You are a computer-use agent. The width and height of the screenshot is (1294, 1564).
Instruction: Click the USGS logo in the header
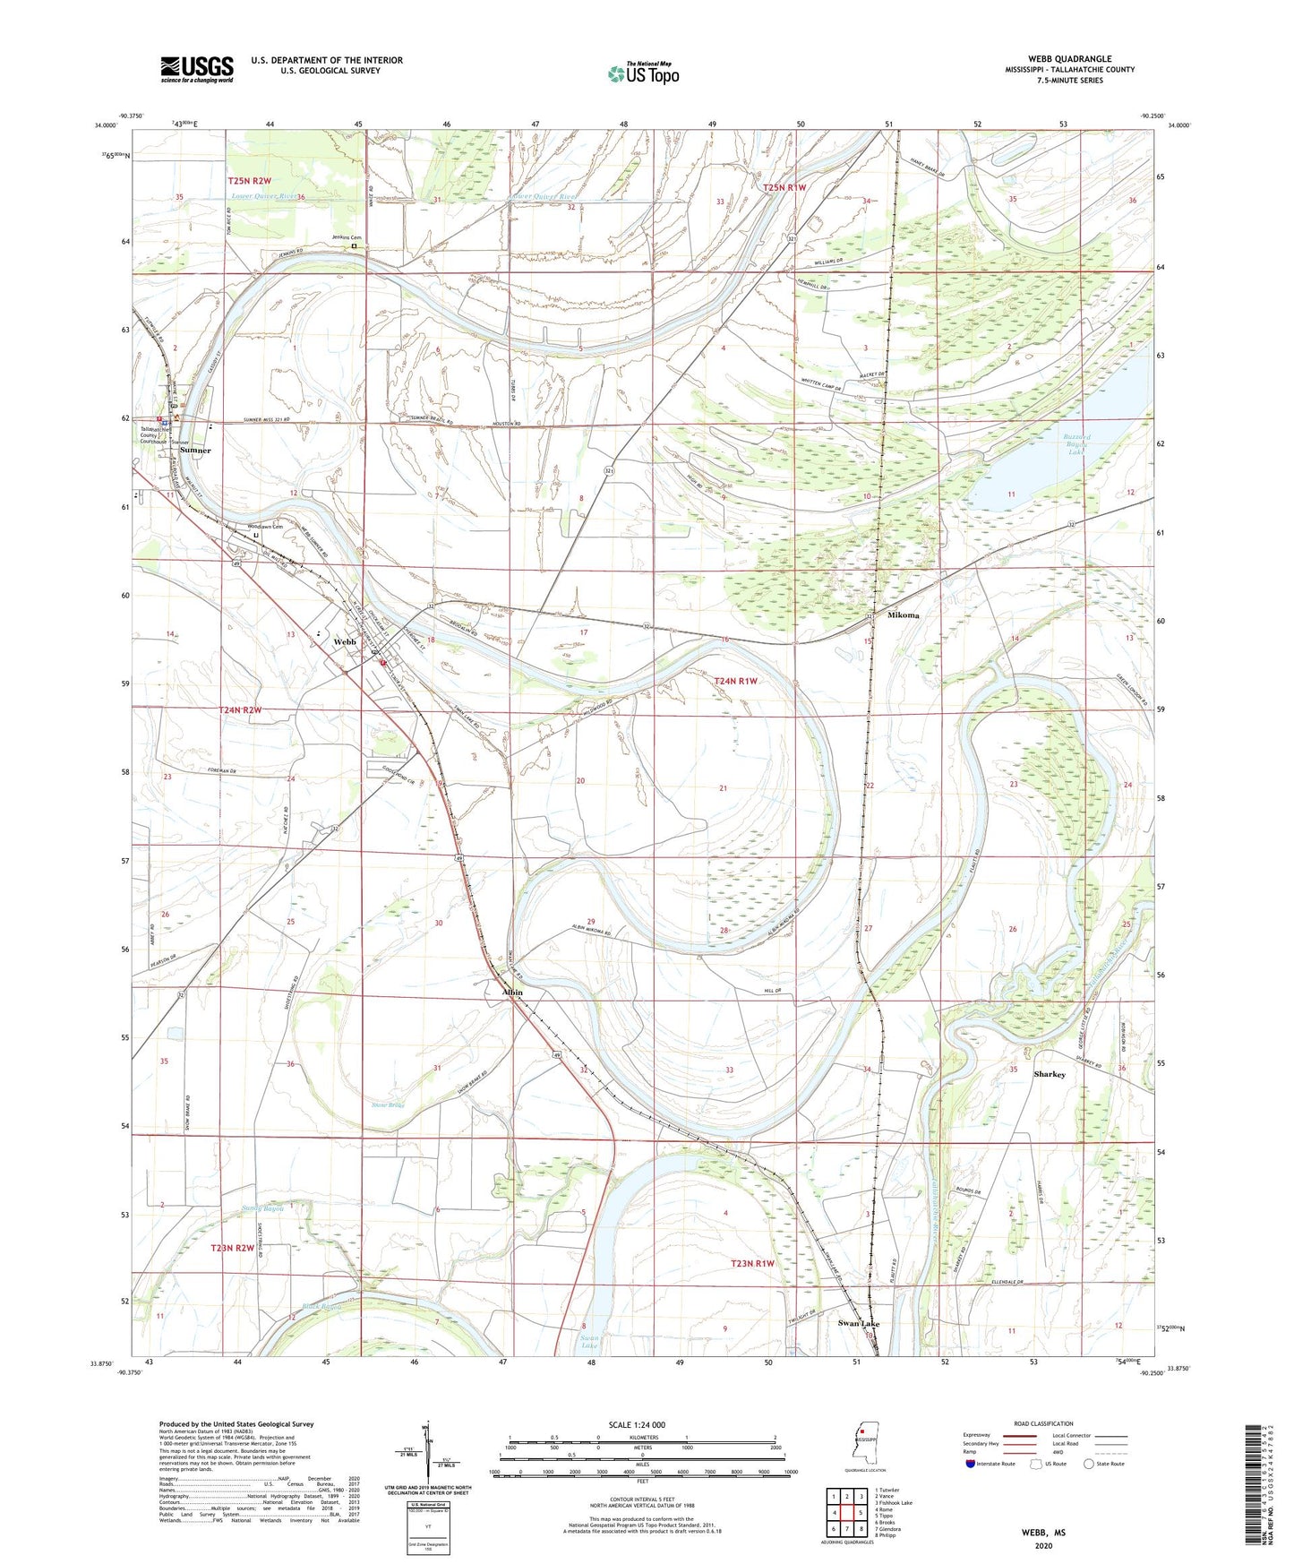tap(197, 69)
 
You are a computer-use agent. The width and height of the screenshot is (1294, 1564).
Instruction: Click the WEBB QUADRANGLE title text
tap(1069, 59)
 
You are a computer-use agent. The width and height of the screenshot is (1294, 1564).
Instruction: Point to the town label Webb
tap(345, 642)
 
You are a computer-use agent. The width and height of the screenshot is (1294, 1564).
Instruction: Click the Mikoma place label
tap(904, 615)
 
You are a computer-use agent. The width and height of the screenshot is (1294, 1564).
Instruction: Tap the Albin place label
tap(511, 993)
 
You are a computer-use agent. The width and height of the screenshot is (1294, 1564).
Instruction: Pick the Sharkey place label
tap(1049, 1074)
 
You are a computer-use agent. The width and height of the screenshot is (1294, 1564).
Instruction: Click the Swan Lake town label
tap(858, 1323)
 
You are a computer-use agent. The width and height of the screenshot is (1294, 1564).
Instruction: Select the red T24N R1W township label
tap(736, 681)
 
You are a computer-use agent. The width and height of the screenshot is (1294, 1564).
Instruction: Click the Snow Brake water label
tap(388, 1105)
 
